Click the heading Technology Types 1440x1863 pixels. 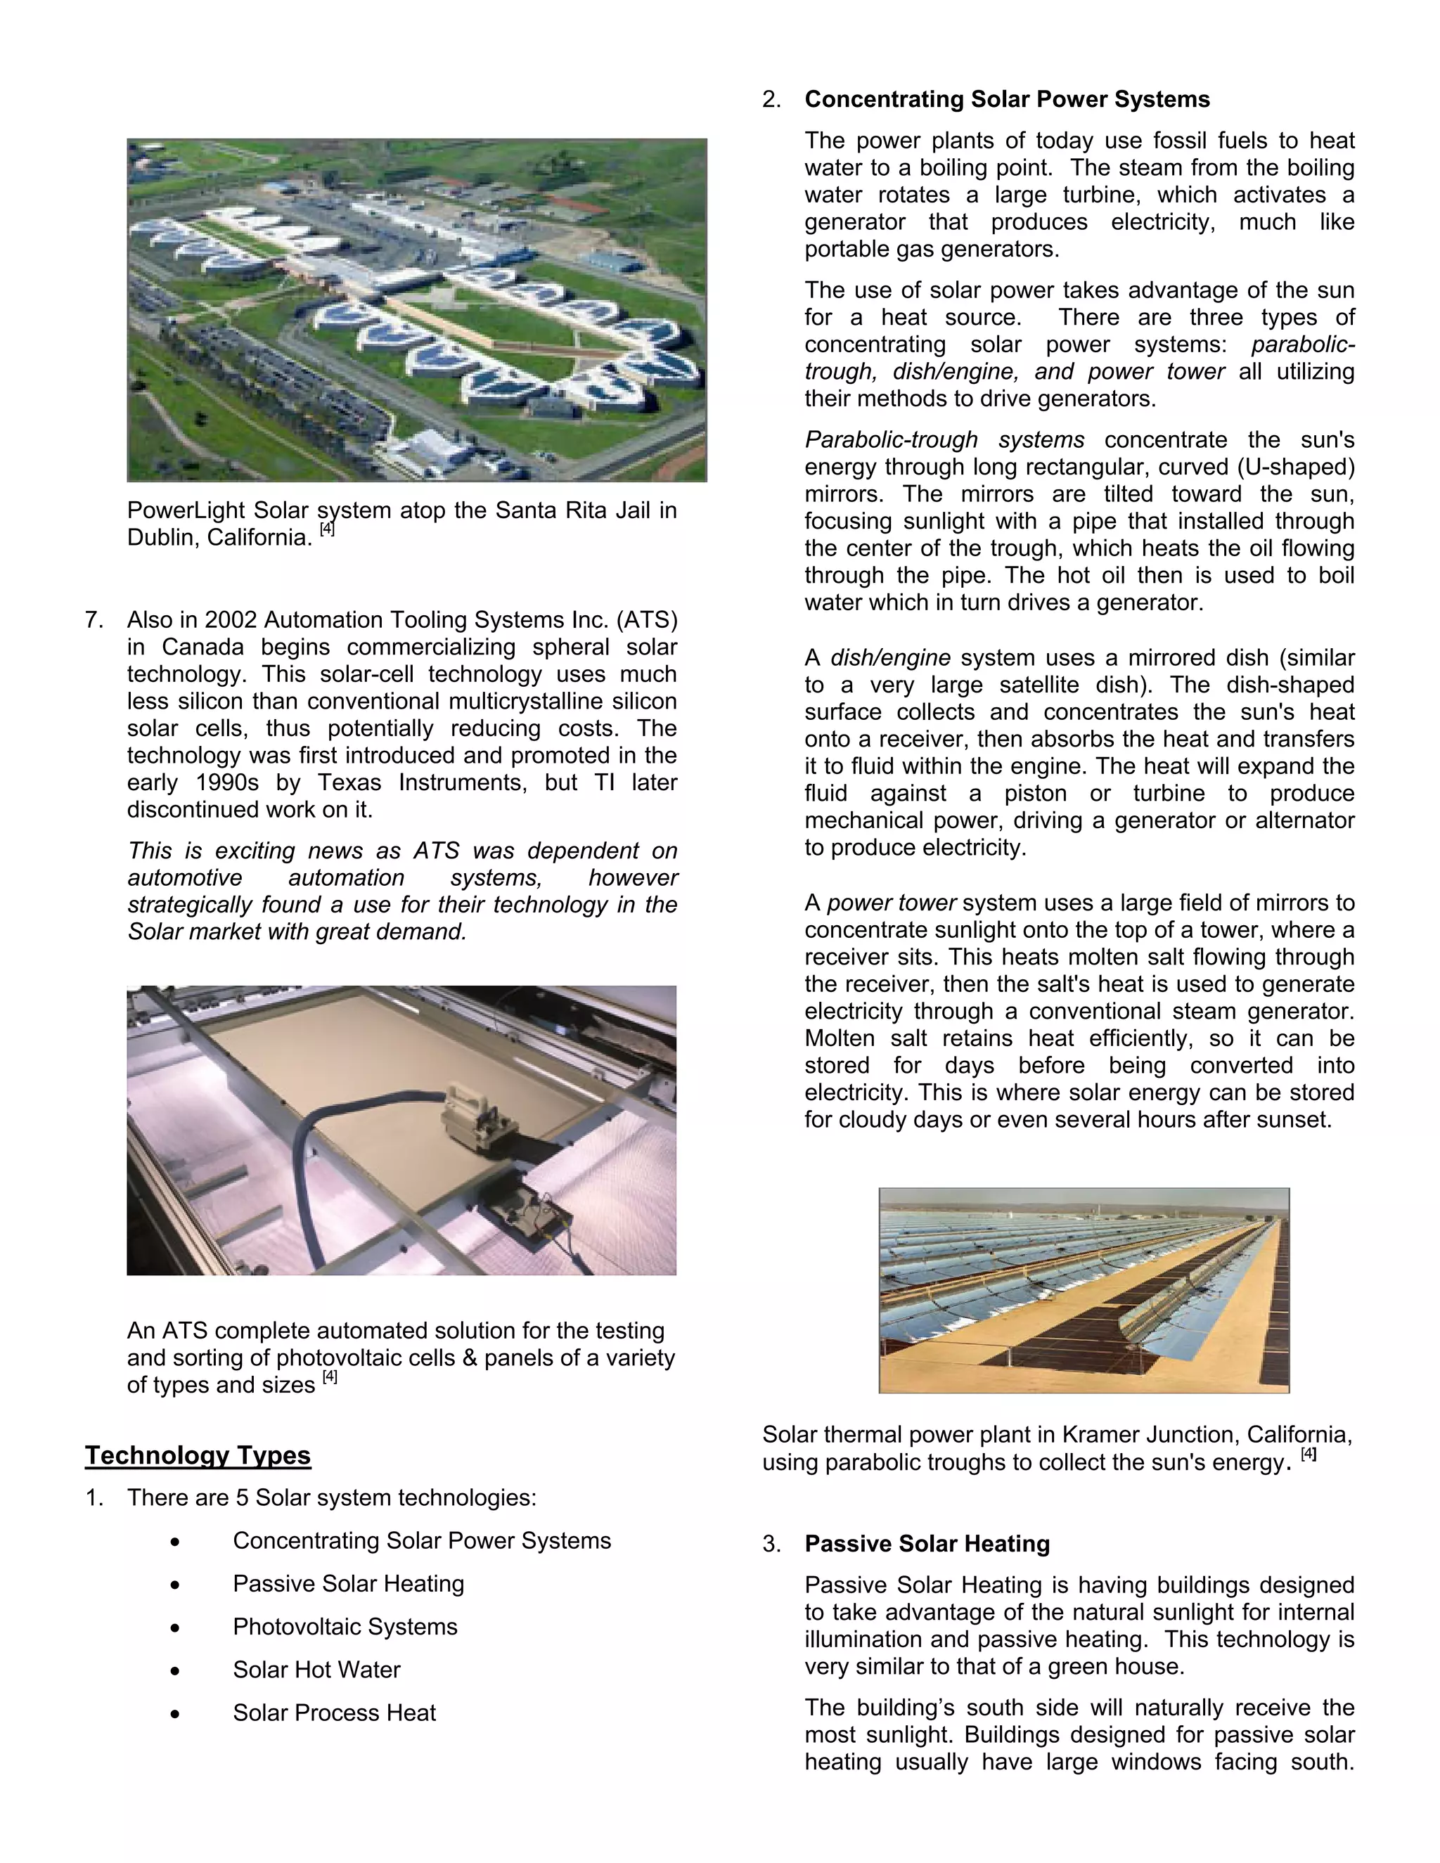197,1455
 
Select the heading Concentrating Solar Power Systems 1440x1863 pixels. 1007,100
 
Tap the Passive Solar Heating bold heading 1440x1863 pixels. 927,1544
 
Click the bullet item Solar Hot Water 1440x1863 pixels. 316,1670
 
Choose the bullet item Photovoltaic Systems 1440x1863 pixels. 345,1627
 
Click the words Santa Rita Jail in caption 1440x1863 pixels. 562,511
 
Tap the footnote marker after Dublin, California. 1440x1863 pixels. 328,529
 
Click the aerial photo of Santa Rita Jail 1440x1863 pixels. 416,311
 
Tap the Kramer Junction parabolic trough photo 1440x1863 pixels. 1084,1290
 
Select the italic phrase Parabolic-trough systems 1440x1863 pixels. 944,440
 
